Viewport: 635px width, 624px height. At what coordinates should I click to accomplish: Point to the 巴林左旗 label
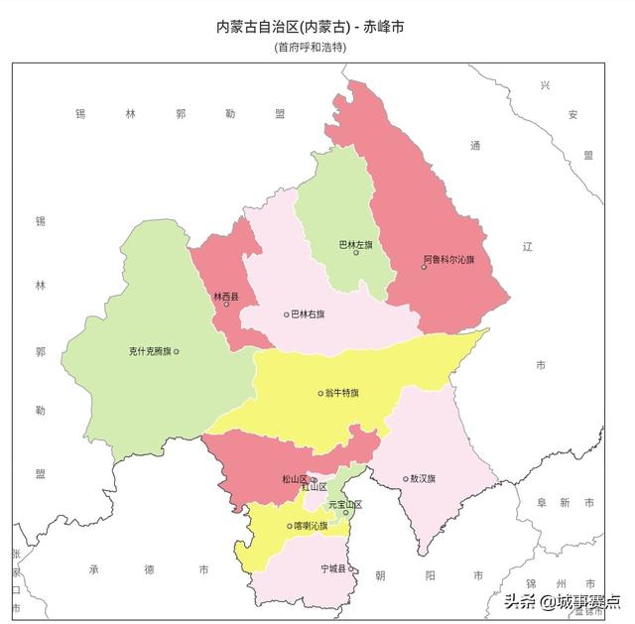(355, 244)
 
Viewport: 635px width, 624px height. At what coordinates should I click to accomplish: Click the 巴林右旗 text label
(307, 314)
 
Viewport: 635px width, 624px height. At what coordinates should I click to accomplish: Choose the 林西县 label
(225, 296)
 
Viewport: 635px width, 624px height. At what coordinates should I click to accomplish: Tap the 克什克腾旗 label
(150, 351)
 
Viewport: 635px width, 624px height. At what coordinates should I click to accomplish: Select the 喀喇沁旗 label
(311, 526)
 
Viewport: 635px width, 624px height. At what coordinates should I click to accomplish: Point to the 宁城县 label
(333, 569)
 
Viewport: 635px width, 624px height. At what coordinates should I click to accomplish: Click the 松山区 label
(294, 479)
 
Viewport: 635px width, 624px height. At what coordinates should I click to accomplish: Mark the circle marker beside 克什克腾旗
(177, 351)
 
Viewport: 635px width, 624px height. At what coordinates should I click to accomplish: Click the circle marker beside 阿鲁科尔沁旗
(424, 267)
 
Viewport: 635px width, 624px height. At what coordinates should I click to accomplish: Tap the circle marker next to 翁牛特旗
(320, 393)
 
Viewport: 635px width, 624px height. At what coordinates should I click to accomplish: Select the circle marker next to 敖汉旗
(406, 478)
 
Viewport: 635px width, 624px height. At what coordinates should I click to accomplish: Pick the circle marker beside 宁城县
(351, 569)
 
